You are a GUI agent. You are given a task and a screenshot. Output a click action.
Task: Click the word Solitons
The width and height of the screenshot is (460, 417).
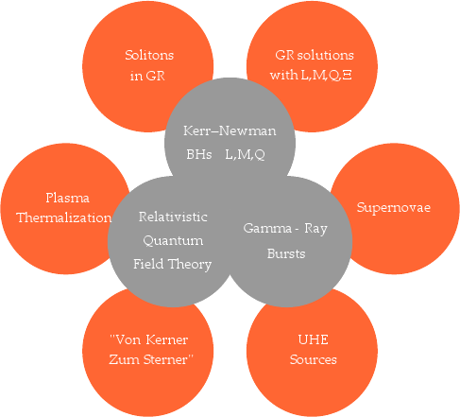[149, 55]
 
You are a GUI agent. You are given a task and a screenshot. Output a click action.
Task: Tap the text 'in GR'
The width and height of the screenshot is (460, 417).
[147, 76]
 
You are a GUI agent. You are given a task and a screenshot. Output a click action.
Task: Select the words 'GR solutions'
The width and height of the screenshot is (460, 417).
[315, 55]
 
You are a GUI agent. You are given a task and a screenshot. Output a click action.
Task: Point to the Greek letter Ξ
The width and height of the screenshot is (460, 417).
[347, 76]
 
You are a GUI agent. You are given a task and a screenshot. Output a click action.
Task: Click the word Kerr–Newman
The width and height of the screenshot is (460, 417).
[230, 130]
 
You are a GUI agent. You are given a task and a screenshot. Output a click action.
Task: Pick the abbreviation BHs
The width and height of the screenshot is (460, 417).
[199, 154]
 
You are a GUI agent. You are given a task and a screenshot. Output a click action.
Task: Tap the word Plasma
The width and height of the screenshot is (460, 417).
[68, 198]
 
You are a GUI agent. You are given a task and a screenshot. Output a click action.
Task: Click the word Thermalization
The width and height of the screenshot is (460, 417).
[63, 217]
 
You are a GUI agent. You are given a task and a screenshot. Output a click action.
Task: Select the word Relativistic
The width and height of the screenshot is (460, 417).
[173, 217]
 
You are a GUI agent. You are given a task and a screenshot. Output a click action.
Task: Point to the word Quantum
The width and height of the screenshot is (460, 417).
[173, 241]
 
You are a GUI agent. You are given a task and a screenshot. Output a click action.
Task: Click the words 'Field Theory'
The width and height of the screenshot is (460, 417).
[172, 264]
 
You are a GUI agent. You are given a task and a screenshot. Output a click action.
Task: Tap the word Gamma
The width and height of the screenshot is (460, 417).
[267, 228]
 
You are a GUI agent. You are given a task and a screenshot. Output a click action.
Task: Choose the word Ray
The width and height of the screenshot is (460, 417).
[315, 229]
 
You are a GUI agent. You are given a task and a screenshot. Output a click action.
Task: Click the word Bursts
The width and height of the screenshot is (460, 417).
[286, 253]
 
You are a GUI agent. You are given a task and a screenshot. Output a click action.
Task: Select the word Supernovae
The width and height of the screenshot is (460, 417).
[394, 208]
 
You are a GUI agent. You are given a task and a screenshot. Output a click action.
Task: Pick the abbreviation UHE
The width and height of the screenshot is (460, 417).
[313, 339]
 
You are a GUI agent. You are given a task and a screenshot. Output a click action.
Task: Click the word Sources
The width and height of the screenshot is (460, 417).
[314, 359]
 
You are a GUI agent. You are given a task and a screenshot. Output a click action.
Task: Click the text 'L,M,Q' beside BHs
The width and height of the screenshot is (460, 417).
[245, 155]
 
